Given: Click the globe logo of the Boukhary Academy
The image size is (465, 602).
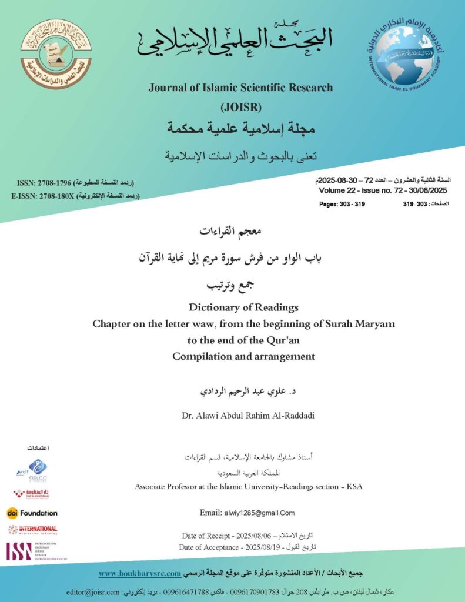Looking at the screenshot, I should coord(405,55).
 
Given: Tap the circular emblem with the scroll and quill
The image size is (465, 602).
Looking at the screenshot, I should coord(56,54).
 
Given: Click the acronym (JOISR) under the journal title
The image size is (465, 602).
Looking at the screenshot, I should coord(240,108).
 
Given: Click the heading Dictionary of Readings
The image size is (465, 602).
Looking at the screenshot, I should coord(243,307).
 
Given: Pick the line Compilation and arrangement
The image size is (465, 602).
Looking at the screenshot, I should coord(243,356).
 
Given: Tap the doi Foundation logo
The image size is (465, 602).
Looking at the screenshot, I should coord(32,513).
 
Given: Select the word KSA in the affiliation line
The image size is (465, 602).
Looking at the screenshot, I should coord(355,487).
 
